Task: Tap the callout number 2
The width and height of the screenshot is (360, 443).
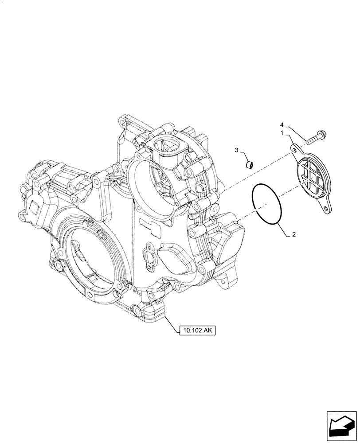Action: [293, 236]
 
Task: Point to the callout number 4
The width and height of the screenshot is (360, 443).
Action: [282, 125]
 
